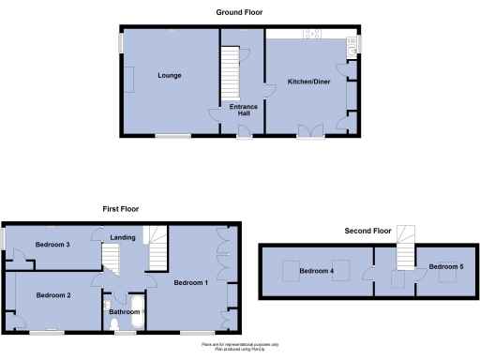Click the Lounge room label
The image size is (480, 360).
click(x=169, y=75)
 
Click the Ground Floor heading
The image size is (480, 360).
click(x=239, y=13)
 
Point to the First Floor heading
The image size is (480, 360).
click(x=121, y=209)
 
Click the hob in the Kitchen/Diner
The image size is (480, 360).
click(x=311, y=35)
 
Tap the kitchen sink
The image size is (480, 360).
click(x=352, y=42)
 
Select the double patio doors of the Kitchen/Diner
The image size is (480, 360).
click(x=310, y=130)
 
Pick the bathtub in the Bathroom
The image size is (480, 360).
click(x=136, y=314)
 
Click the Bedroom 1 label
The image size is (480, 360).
click(x=190, y=281)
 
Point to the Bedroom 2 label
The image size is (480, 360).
click(x=53, y=295)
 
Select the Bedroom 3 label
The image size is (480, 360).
click(x=53, y=245)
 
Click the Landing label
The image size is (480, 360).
click(x=122, y=238)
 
